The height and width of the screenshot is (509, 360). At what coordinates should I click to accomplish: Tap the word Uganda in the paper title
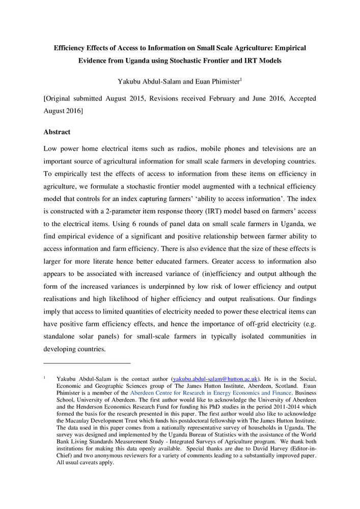(x=144, y=61)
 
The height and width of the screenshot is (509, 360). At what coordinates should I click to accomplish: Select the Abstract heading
(x=57, y=132)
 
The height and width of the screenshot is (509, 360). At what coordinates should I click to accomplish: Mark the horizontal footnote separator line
(x=88, y=362)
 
